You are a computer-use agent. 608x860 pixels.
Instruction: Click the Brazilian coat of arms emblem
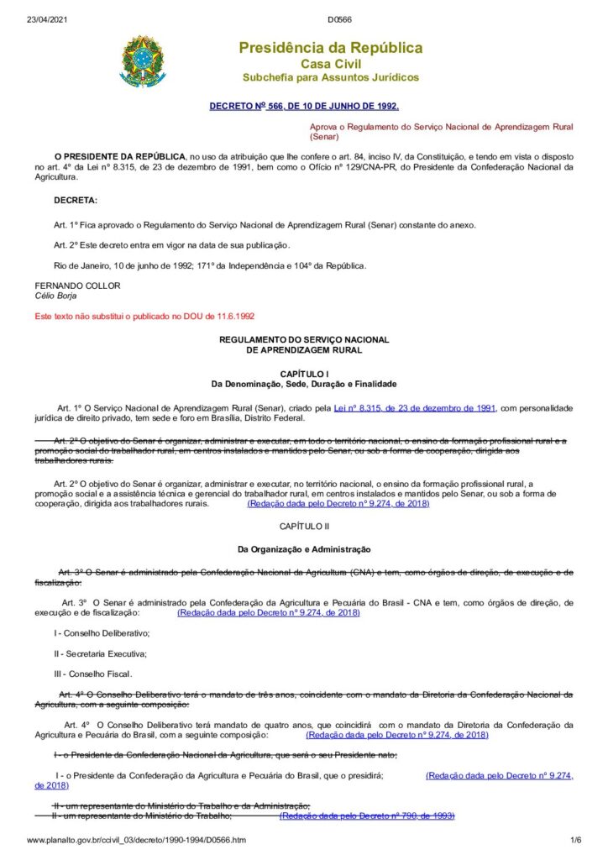tap(143, 60)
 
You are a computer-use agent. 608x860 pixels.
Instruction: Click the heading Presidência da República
tap(330, 48)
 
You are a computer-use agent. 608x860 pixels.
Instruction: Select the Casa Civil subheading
tap(330, 64)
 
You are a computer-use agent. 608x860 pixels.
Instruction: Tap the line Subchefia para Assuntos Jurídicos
tap(330, 77)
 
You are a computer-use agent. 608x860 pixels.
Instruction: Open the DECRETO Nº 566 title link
tap(304, 106)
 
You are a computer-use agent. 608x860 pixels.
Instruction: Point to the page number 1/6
tap(575, 840)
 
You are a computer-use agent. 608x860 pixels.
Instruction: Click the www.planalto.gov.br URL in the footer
tap(137, 840)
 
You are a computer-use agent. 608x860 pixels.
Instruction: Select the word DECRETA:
tap(76, 200)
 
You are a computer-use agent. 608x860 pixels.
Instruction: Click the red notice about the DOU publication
tap(144, 317)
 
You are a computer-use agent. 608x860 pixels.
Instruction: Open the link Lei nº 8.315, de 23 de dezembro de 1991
tap(415, 407)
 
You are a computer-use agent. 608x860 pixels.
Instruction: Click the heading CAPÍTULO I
tap(304, 372)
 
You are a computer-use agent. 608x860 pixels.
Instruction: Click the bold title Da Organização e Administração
tap(304, 549)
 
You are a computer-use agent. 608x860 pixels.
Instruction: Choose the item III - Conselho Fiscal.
tap(92, 674)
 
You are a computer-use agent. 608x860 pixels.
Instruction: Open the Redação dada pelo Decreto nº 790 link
tap(367, 815)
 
